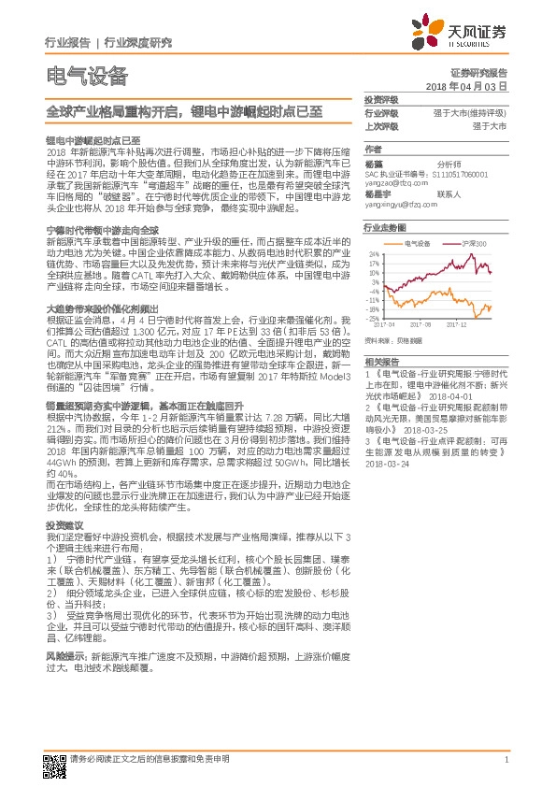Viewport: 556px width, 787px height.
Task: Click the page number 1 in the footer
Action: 506,760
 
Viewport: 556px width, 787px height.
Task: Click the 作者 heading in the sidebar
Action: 373,150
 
